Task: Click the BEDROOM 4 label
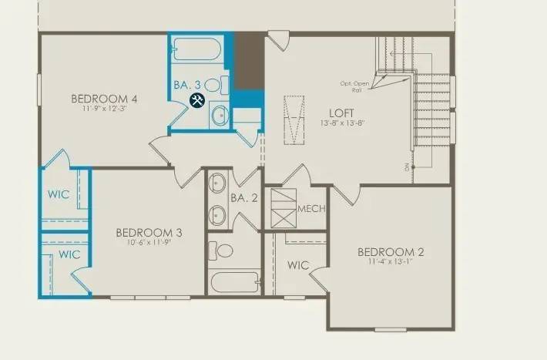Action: click(x=104, y=98)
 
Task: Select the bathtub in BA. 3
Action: click(x=197, y=50)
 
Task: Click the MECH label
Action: click(x=311, y=209)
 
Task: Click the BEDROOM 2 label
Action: click(x=390, y=252)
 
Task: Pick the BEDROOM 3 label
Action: click(x=149, y=232)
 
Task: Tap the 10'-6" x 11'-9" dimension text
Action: click(x=149, y=243)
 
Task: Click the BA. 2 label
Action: click(x=243, y=198)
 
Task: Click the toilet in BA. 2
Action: click(x=223, y=250)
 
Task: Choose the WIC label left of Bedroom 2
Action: click(x=298, y=265)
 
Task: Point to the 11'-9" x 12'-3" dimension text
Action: click(x=104, y=109)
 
